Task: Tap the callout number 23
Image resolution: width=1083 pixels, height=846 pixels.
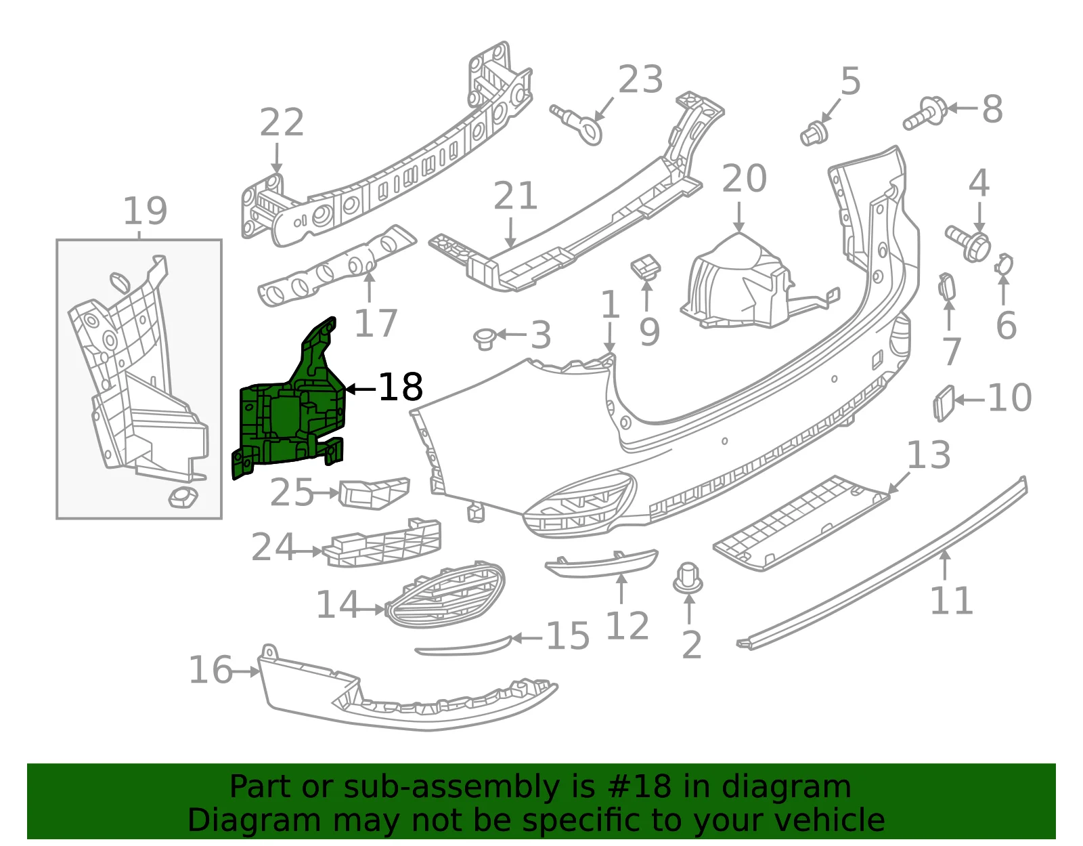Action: point(640,79)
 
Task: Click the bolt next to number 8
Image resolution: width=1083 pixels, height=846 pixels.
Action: point(925,114)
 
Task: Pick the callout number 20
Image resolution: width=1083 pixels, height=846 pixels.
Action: point(744,178)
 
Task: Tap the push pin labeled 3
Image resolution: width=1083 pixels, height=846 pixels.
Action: point(484,339)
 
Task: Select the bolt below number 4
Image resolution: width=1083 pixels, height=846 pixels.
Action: point(968,242)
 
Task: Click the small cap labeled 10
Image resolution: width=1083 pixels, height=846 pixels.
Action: point(944,403)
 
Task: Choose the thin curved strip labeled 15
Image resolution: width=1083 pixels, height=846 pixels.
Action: point(464,646)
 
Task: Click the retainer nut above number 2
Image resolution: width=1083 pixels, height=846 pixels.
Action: point(688,578)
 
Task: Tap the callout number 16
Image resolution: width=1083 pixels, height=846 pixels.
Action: point(211,669)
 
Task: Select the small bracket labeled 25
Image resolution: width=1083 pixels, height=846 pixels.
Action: point(374,493)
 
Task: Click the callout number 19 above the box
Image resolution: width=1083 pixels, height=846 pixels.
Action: point(145,211)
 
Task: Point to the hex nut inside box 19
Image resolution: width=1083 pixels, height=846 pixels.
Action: point(183,497)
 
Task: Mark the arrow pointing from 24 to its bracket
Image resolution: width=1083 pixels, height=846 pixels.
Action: point(307,551)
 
